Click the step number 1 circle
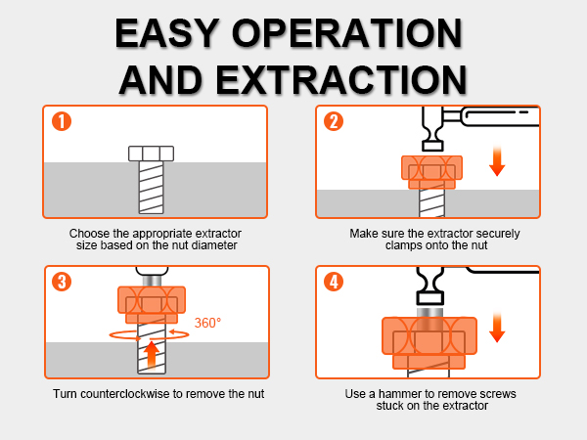61,122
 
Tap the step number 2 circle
335,122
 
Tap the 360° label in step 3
208,323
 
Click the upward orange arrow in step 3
152,352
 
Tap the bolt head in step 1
152,154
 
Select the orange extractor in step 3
152,305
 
